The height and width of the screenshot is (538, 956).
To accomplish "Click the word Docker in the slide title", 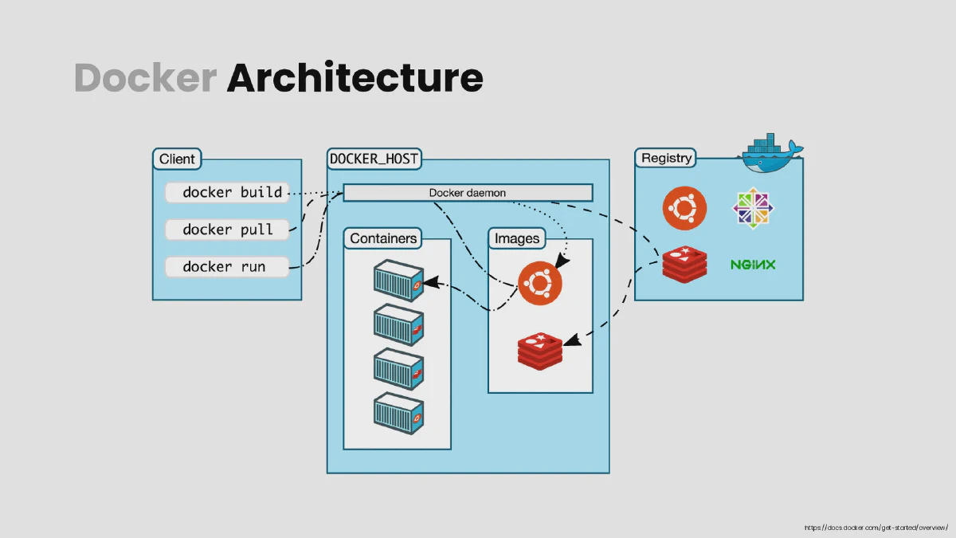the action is coord(146,77).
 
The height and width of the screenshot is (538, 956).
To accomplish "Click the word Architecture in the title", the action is coord(355,77).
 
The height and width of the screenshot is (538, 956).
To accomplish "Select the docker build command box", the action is coord(227,193).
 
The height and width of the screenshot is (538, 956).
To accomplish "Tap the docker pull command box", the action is coord(227,230).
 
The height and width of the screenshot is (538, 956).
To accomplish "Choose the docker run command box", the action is coord(227,267).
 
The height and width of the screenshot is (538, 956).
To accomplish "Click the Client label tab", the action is coord(177,159).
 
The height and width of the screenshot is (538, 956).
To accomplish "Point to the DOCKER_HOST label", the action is coord(374,159).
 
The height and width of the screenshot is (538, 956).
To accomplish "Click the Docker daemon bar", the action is coord(468,193).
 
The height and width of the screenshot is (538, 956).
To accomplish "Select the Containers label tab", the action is coord(383,238).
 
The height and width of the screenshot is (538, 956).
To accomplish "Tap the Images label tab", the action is coord(517,238).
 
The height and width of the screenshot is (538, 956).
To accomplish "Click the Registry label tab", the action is coord(666,158).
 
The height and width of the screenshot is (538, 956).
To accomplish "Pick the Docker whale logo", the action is coord(771,153).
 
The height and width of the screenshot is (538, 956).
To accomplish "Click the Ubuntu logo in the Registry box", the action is coord(684,208).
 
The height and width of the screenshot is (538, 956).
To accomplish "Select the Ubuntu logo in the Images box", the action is coord(540,284).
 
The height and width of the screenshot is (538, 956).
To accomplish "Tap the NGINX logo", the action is coord(753,265).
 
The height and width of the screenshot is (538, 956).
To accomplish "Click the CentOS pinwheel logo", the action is coord(753,208).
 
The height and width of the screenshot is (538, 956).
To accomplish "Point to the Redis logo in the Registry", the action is coord(684,265).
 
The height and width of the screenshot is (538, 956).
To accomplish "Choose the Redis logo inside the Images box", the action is coord(540,351).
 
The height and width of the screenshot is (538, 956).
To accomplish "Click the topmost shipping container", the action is coord(398,281).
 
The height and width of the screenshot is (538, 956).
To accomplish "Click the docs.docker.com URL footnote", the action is coord(876,528).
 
